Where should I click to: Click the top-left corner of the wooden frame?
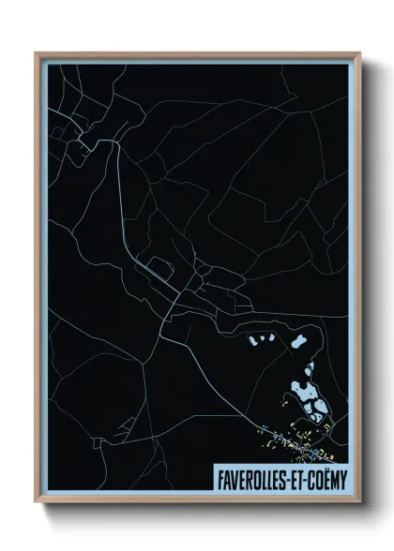coord(36,53)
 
